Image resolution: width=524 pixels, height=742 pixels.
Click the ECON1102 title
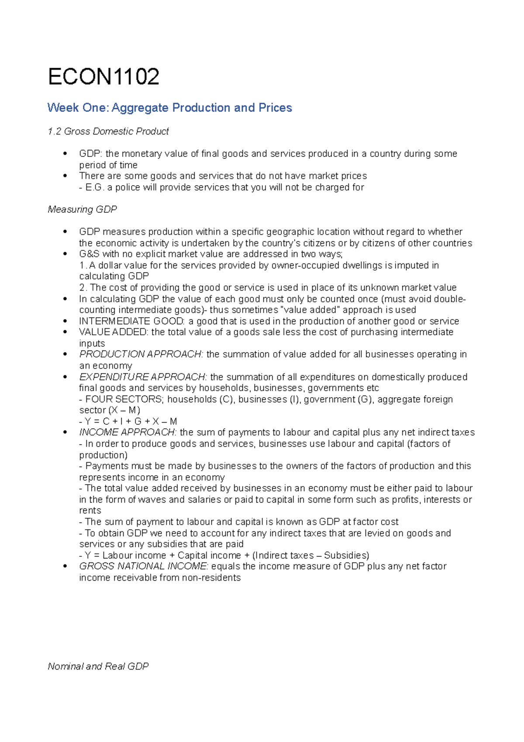point(103,77)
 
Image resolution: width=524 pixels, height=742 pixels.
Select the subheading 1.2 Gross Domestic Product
point(108,132)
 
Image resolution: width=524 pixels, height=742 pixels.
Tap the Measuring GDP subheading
point(82,210)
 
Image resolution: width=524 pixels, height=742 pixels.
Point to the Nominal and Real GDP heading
point(98,666)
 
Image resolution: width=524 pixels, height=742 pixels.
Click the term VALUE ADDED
point(114,332)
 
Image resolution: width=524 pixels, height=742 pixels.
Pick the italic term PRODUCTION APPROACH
point(141,354)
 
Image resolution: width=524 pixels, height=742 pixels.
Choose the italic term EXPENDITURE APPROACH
point(143,377)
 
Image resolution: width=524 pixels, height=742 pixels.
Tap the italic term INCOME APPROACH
point(128,433)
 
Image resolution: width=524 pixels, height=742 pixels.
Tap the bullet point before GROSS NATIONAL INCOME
point(65,566)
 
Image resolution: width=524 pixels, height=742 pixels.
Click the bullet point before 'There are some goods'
point(65,176)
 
